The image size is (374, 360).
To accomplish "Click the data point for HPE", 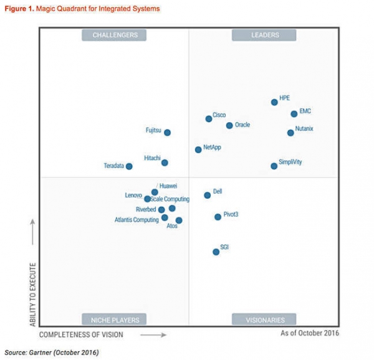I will coord(274,102).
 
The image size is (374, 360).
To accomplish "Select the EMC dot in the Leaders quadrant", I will coord(294,114).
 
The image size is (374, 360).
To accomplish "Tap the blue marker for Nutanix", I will coord(290,133).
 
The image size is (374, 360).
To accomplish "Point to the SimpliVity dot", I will coord(274,166).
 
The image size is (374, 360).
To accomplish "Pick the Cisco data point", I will coord(209,118).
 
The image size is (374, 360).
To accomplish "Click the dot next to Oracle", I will coord(229,125).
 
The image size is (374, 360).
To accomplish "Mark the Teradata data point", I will coord(129,166).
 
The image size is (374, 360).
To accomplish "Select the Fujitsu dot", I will coord(167,132).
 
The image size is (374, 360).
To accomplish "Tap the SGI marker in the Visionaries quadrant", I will coord(216,252).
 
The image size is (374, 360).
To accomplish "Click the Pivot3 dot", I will coord(218,217).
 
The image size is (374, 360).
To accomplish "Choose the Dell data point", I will coord(208,195).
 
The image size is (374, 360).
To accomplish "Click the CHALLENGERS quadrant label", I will coord(115,36).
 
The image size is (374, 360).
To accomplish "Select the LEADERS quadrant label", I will coord(265,36).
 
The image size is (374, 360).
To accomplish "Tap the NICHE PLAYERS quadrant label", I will coord(115,320).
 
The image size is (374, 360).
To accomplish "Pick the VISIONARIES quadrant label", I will coord(264,320).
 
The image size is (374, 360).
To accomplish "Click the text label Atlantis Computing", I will coord(137,220).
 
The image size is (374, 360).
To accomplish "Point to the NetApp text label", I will coord(212,148).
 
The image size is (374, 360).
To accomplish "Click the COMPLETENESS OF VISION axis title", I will coord(85,335).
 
